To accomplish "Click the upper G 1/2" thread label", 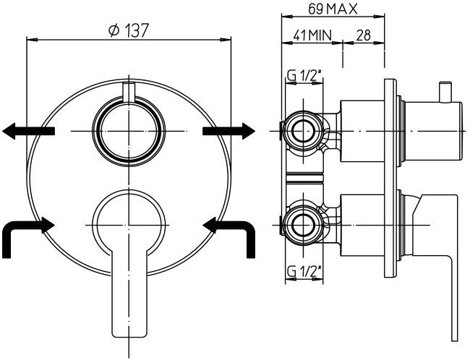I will point(303,74).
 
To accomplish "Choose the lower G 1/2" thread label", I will point(303,271).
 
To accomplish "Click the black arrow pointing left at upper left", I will point(27,130).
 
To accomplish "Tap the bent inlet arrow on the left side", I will point(26,233).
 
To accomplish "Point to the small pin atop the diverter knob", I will point(128,93).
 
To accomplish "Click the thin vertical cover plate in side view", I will point(390,173).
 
